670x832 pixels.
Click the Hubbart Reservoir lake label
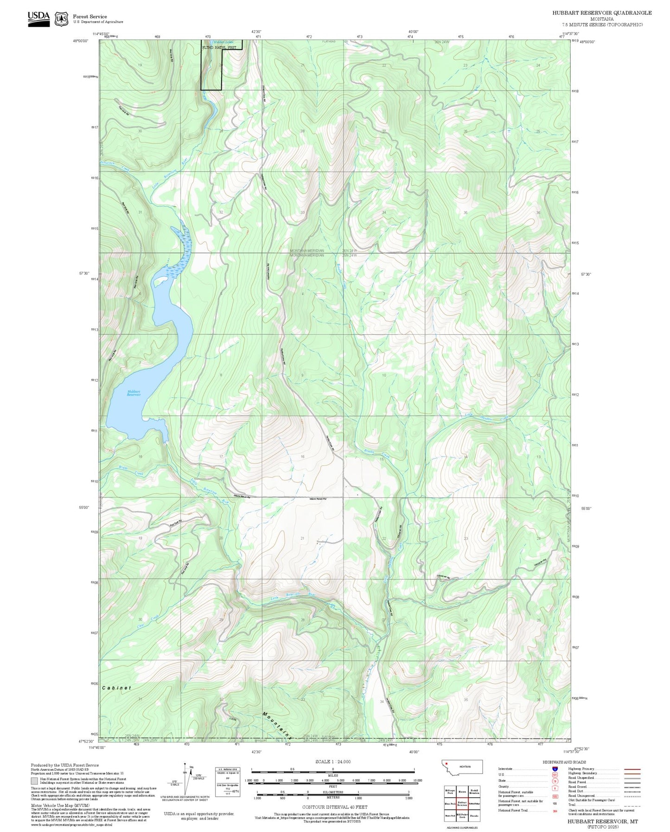(x=134, y=393)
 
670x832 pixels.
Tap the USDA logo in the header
(x=38, y=18)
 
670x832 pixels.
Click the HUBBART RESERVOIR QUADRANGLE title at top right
(x=601, y=13)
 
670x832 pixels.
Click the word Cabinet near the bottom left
(x=117, y=688)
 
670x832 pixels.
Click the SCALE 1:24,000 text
(x=332, y=762)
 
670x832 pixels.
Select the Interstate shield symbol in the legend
(x=555, y=769)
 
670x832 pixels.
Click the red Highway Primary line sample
(x=632, y=769)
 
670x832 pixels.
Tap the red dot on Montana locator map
(x=447, y=763)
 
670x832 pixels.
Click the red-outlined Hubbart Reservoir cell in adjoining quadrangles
(x=462, y=803)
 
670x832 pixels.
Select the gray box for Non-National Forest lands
(x=34, y=781)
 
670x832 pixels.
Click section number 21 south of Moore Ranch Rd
(x=302, y=538)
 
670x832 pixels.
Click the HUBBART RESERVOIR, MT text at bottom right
(x=602, y=821)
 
